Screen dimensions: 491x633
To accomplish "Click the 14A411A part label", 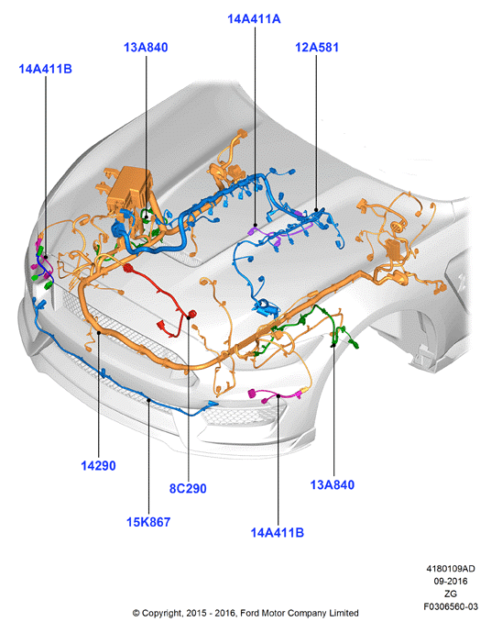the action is pos(254,19).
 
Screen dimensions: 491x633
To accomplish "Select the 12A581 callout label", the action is pos(317,47).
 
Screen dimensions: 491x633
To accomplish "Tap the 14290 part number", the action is pos(98,465).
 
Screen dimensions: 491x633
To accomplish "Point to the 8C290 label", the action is pos(188,488).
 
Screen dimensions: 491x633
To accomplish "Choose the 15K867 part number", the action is pos(148,522).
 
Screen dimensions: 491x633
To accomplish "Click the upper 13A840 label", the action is pos(146,47).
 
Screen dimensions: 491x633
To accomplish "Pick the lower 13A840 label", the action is pos(333,484).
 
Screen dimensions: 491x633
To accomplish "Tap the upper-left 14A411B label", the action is pos(45,69).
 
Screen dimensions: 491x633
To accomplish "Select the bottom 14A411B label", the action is pos(278,532).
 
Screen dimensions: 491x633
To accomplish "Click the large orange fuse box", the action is pos(130,189).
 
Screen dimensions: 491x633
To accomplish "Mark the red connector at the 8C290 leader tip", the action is pos(191,314).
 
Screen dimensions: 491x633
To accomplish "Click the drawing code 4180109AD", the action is pos(451,569).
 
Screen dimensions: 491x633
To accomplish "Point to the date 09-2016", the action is pos(451,581).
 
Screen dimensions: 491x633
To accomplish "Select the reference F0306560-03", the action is pos(451,606).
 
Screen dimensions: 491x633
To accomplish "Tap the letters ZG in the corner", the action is pos(451,594).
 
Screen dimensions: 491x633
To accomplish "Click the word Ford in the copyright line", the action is pos(250,613).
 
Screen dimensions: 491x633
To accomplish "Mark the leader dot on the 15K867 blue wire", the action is pos(148,400).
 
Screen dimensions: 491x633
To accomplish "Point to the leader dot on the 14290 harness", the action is pos(99,333).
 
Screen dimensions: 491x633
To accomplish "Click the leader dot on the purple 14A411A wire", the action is pos(256,225).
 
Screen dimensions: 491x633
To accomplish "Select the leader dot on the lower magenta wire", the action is pos(278,396).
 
